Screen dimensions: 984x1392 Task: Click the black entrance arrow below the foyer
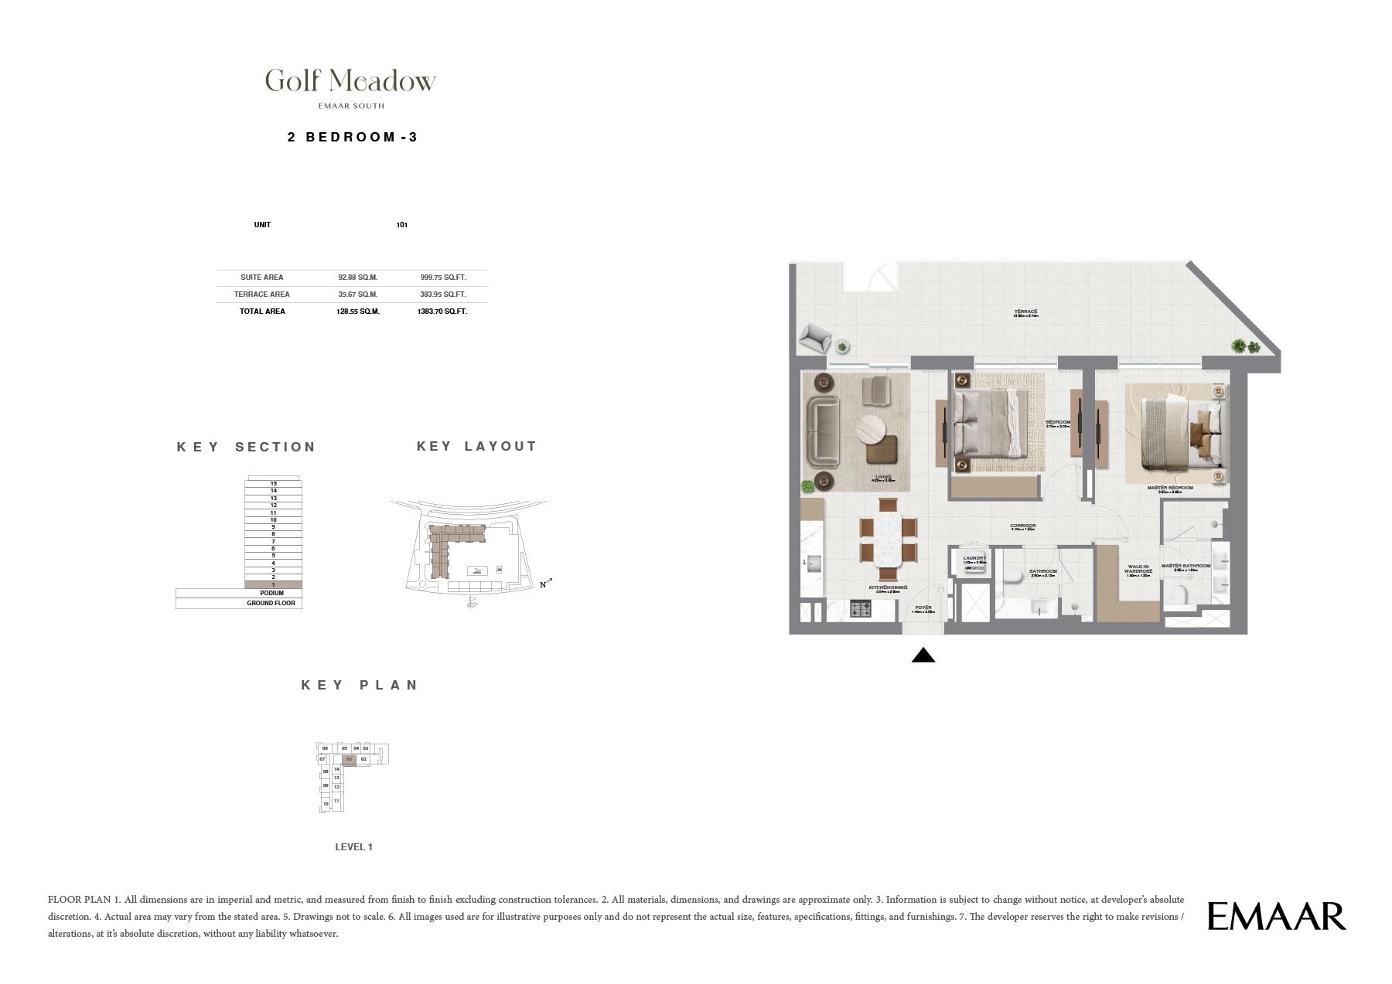coord(923,655)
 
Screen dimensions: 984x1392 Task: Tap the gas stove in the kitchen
coord(861,609)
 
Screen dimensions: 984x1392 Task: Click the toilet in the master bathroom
coord(1180,595)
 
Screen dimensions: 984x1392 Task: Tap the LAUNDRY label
coord(974,558)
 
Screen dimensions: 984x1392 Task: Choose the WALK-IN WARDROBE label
coord(1138,570)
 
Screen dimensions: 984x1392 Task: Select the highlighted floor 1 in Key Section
coord(273,584)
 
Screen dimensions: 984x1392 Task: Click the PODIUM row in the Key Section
coord(271,593)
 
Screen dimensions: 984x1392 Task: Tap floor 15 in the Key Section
coord(273,483)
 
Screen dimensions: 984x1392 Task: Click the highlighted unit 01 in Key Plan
coord(349,760)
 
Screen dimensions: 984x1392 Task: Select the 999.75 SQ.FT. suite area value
coord(443,277)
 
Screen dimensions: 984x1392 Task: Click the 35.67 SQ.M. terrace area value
coord(357,294)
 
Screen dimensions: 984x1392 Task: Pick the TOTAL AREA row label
coord(262,311)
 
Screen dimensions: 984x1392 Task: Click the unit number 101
coord(401,225)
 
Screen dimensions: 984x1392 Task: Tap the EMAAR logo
coord(1276,916)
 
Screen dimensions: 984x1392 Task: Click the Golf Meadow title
coord(350,80)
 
